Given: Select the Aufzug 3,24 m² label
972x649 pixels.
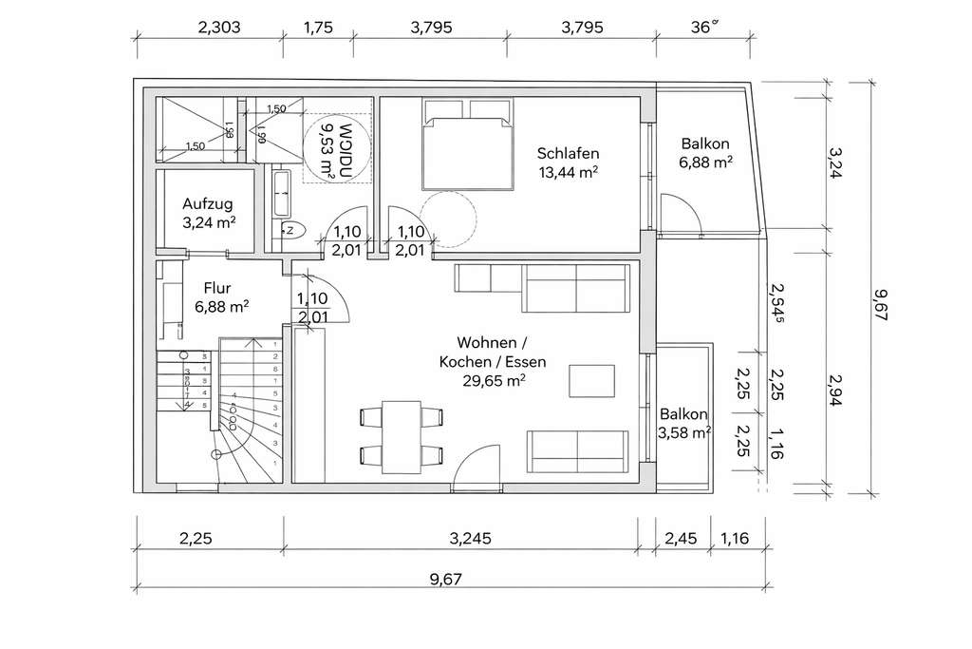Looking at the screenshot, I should click(x=207, y=212).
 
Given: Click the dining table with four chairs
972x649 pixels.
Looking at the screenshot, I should click(x=402, y=435).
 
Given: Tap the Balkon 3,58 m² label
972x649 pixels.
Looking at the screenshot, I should click(x=684, y=424).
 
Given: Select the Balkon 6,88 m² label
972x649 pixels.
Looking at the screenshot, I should click(x=705, y=153).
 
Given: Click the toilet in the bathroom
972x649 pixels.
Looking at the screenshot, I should click(x=292, y=229).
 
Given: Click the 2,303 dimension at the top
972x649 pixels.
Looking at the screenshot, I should click(x=218, y=28).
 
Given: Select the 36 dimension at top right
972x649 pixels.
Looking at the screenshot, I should click(x=703, y=28).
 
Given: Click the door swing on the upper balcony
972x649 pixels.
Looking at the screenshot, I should click(x=681, y=214).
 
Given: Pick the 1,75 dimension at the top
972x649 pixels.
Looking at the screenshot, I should click(x=318, y=28).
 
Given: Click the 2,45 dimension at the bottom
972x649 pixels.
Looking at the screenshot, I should click(x=682, y=539).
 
